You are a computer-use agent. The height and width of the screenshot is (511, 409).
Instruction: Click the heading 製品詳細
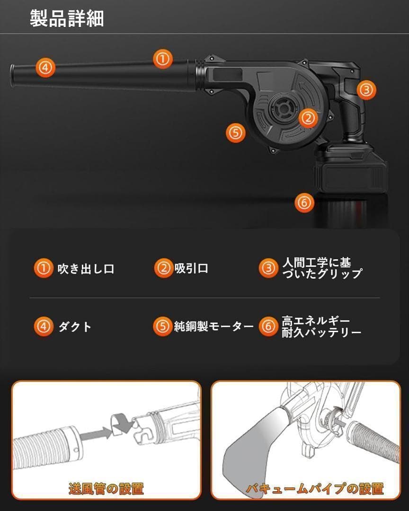pyautogui.click(x=67, y=18)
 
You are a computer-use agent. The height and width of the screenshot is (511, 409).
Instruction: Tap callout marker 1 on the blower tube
pyautogui.click(x=163, y=59)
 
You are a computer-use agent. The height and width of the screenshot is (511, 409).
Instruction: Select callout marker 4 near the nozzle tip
pyautogui.click(x=45, y=68)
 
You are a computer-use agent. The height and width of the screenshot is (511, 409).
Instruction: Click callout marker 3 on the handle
pyautogui.click(x=366, y=89)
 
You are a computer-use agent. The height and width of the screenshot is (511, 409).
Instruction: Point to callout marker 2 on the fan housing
pyautogui.click(x=308, y=118)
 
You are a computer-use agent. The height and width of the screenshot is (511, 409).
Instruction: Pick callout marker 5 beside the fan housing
pyautogui.click(x=235, y=132)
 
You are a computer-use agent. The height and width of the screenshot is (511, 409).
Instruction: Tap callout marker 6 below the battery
pyautogui.click(x=304, y=203)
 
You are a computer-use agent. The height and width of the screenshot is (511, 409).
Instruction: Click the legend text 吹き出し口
pyautogui.click(x=86, y=269)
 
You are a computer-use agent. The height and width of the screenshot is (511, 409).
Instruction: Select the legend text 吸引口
pyautogui.click(x=191, y=268)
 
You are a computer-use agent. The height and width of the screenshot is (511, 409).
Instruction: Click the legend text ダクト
pyautogui.click(x=75, y=326)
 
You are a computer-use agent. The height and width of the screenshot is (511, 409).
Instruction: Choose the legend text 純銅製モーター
pyautogui.click(x=213, y=326)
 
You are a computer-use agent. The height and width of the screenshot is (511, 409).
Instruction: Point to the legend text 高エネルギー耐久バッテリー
pyautogui.click(x=321, y=326)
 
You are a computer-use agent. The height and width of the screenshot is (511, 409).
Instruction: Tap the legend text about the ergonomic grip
pyautogui.click(x=322, y=268)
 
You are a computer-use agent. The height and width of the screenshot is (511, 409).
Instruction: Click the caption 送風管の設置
pyautogui.click(x=106, y=488)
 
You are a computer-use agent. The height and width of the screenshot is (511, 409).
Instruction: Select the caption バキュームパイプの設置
pyautogui.click(x=315, y=488)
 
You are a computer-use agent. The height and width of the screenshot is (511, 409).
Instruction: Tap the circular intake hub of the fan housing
pyautogui.click(x=281, y=109)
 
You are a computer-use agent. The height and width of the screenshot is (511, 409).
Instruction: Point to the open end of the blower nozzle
pyautogui.click(x=12, y=75)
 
